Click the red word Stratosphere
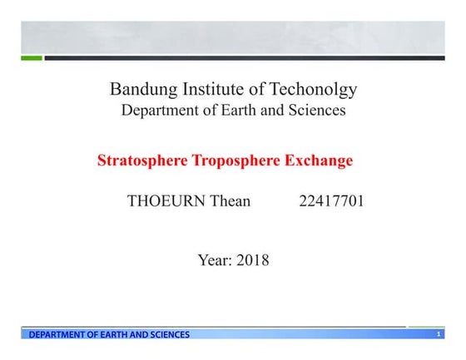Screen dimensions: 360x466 [142, 160]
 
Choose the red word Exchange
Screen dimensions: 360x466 [318, 160]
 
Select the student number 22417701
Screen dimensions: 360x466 [331, 201]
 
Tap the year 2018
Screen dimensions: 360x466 [253, 260]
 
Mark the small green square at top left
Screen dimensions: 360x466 [31, 58]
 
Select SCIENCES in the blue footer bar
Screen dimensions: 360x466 [169, 335]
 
